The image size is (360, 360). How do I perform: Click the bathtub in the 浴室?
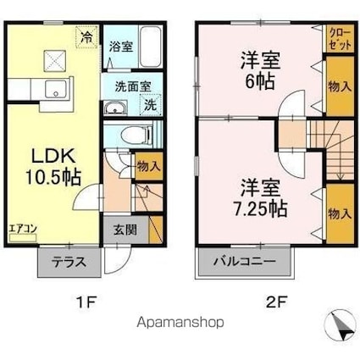(151, 47)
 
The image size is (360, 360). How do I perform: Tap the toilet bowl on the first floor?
(136, 135)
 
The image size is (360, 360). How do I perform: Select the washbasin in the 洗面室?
(115, 108)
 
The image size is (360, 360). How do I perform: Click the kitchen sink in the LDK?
(56, 89)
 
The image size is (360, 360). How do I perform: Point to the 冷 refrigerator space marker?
(86, 37)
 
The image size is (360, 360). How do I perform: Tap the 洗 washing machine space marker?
(151, 105)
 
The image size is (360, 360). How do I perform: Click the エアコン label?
(23, 229)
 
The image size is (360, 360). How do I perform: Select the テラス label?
(69, 263)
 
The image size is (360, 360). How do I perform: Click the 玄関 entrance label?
(125, 230)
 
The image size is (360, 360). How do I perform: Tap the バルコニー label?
(244, 262)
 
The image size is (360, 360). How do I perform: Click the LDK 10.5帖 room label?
(53, 167)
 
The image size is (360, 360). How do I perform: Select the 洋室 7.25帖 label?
(260, 198)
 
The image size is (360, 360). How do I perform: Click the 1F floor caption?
(87, 302)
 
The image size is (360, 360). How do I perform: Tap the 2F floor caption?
(276, 302)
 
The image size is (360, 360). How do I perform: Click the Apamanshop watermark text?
(180, 322)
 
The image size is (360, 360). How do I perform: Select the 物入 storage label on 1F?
(149, 167)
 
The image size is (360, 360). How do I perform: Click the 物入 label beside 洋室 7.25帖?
(340, 213)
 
